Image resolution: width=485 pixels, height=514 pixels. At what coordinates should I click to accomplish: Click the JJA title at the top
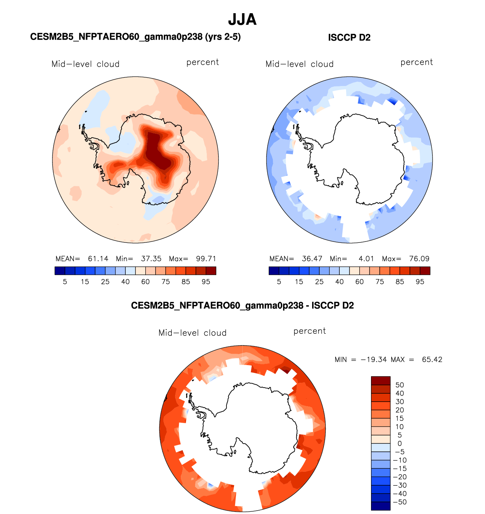pyautogui.click(x=242, y=20)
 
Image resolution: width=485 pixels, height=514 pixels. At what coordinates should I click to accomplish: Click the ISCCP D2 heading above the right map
pyautogui.click(x=349, y=38)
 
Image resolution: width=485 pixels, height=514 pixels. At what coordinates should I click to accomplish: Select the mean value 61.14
pyautogui.click(x=98, y=259)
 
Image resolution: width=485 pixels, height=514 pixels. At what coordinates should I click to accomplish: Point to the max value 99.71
pyautogui.click(x=206, y=259)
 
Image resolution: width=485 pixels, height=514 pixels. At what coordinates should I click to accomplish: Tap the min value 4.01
pyautogui.click(x=366, y=259)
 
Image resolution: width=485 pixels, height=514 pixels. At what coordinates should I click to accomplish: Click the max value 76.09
pyautogui.click(x=419, y=259)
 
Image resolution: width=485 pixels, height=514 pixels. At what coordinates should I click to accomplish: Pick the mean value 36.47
pyautogui.click(x=312, y=259)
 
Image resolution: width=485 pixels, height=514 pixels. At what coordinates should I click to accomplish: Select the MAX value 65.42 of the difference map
pyautogui.click(x=432, y=359)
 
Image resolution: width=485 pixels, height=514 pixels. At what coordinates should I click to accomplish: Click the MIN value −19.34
pyautogui.click(x=374, y=359)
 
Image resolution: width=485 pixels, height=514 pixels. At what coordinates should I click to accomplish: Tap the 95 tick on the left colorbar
pyautogui.click(x=206, y=282)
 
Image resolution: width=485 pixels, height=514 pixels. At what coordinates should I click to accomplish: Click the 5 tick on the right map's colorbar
pyautogui.click(x=279, y=282)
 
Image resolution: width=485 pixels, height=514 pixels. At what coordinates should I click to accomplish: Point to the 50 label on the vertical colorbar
pyautogui.click(x=400, y=385)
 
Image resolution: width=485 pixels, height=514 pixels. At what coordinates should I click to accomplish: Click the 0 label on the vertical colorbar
pyautogui.click(x=400, y=443)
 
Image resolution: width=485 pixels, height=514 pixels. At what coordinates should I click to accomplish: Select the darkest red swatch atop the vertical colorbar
pyautogui.click(x=380, y=381)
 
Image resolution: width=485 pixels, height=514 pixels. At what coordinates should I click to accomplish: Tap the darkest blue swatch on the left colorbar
pyautogui.click(x=60, y=271)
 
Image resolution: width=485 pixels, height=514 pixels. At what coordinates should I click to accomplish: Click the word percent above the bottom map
pyautogui.click(x=309, y=331)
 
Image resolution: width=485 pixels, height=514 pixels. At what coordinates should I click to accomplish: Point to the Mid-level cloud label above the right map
pyautogui.click(x=299, y=64)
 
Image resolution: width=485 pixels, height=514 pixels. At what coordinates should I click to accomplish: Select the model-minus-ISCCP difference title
pyautogui.click(x=242, y=305)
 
